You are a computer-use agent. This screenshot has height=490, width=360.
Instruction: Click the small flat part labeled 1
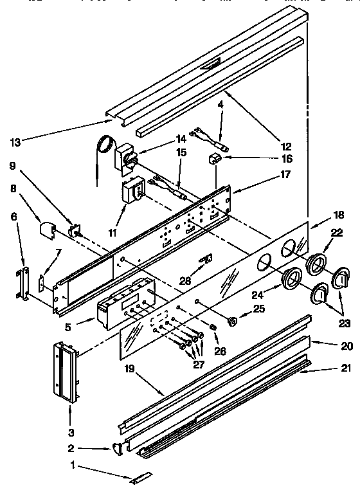click(140, 478)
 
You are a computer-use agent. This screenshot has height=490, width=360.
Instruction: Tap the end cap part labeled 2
click(117, 447)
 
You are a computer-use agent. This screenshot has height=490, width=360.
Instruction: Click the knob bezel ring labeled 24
click(292, 277)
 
